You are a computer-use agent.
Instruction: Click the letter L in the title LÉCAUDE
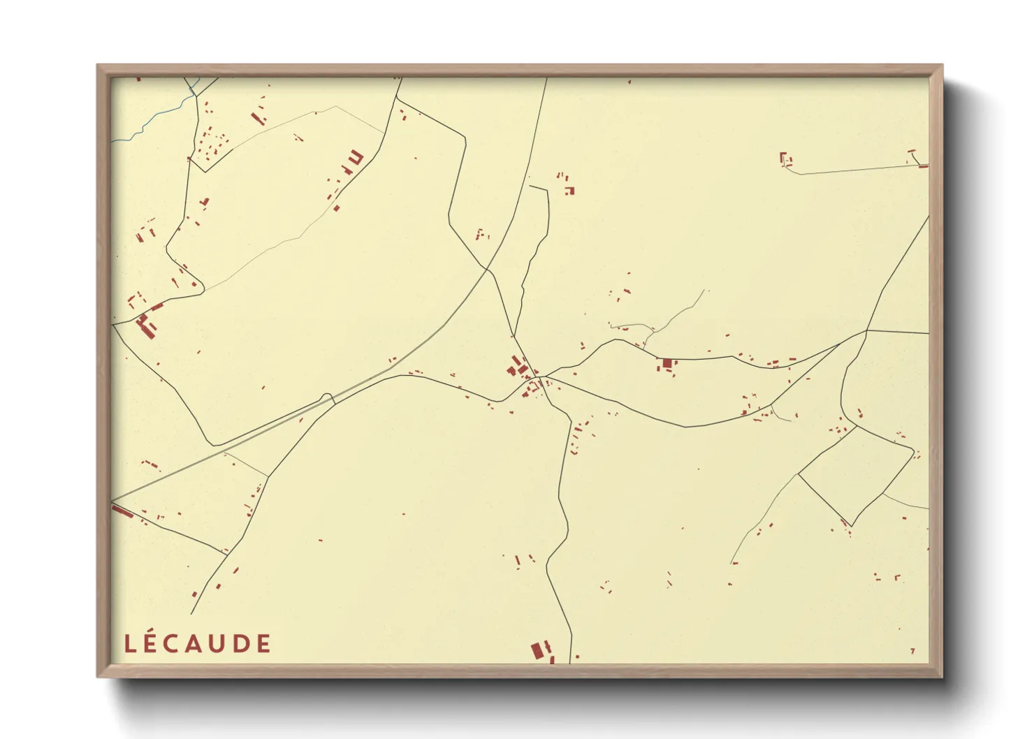pos(129,643)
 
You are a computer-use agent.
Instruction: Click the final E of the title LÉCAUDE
pos(263,643)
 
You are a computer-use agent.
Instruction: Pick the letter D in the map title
pos(241,643)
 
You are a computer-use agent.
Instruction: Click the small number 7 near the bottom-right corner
pos(912,652)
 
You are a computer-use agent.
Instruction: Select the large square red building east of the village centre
pos(667,363)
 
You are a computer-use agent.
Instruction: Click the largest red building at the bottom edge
pos(537,651)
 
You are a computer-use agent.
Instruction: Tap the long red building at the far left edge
pos(123,512)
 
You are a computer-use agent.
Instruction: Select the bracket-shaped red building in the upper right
pos(784,159)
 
